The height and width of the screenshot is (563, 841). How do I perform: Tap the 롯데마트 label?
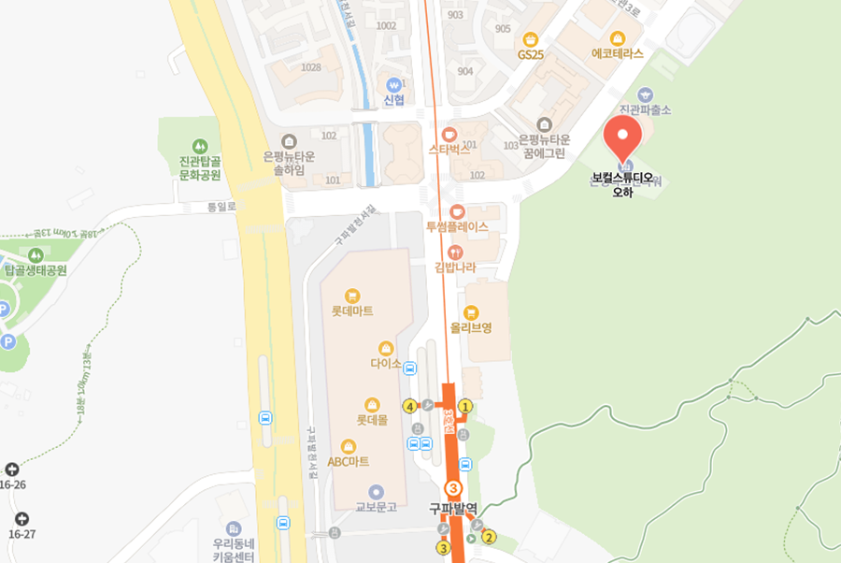[352, 311]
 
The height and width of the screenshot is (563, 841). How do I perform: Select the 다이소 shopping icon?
[385, 347]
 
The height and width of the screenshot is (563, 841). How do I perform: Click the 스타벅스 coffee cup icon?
[449, 135]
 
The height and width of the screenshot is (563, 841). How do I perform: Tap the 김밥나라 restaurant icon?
[455, 253]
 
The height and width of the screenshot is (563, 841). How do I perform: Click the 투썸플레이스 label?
[457, 227]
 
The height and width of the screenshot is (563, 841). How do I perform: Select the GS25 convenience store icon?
[531, 39]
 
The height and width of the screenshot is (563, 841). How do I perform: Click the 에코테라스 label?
[618, 54]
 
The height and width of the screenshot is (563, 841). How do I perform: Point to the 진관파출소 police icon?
[645, 94]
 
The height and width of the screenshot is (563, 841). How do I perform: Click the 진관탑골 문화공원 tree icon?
[200, 146]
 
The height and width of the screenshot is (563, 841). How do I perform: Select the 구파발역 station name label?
[453, 509]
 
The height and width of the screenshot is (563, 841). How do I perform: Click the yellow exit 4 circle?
[409, 406]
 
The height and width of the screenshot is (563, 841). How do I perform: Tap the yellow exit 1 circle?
[465, 406]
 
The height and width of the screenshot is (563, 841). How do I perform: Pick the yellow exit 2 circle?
[489, 537]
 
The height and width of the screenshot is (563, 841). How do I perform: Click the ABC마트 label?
[349, 462]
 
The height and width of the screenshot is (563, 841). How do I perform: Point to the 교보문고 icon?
[377, 491]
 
